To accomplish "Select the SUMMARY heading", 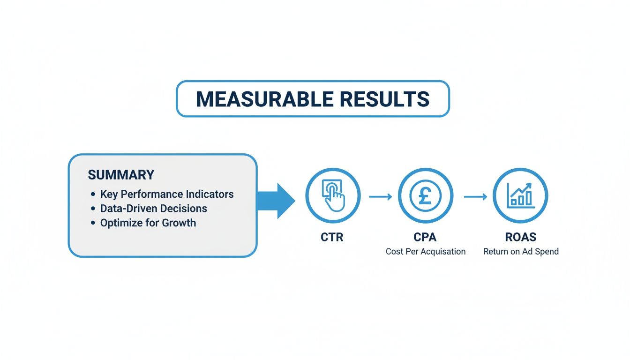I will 121,175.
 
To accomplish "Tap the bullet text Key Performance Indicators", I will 167,194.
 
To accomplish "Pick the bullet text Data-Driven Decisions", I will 154,208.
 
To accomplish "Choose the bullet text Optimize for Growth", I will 148,223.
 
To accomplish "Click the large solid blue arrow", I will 276,201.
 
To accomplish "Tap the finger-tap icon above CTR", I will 333,195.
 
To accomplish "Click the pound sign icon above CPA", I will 425,195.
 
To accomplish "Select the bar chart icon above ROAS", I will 520,195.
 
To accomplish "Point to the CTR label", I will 332,237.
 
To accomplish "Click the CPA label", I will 425,237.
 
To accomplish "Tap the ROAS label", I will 520,237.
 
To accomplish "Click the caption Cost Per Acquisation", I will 426,252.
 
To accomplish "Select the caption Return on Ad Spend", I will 521,252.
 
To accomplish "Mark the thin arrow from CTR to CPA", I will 380,197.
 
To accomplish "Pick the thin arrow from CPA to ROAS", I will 475,197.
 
